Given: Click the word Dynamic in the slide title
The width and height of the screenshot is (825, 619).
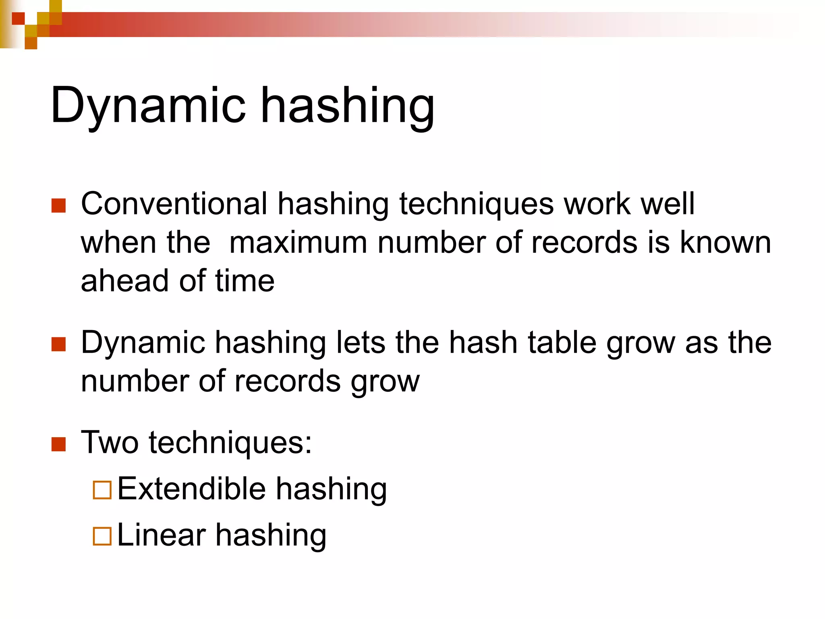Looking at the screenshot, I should coord(147,106).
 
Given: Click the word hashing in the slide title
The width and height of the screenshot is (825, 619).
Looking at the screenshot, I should coord(348,106).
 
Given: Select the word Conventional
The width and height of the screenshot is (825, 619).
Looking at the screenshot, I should coord(174,204).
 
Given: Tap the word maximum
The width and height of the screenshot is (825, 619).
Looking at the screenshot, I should coord(298,243).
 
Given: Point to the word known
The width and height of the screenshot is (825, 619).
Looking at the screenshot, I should coord(726,243).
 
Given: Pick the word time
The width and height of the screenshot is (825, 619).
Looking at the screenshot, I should coord(245,281).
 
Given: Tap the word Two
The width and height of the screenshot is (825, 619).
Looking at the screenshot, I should coord(110,442).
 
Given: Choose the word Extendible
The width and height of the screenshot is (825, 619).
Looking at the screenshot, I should coord(192,489).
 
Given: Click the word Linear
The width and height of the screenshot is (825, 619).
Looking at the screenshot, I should coord(161,535).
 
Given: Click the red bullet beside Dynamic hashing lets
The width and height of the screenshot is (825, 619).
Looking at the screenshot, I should coord(59,345).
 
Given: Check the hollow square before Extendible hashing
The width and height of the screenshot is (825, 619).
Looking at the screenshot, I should coord(102,490).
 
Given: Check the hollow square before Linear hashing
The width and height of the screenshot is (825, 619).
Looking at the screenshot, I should coord(102,536).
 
